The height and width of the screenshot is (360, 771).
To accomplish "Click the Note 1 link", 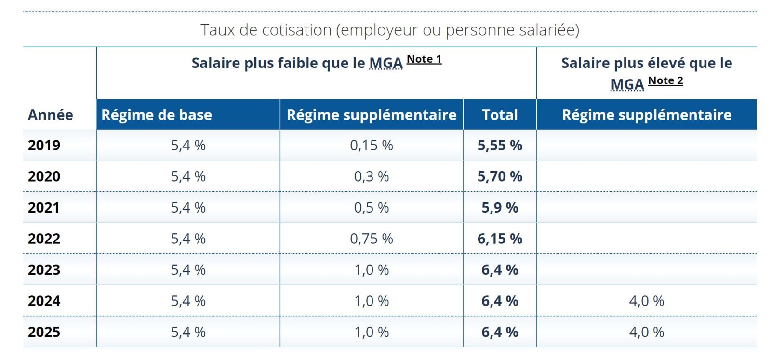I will [x=424, y=59].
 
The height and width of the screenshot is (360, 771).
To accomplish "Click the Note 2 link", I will [x=665, y=80].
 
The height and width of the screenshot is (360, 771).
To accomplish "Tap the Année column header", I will [x=51, y=115].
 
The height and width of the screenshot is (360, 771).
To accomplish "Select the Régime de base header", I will [x=157, y=115].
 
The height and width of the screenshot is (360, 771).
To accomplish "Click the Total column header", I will [x=500, y=115].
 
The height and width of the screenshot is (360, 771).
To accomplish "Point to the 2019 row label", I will [x=44, y=145].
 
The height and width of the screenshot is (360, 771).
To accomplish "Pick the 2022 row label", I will [x=44, y=239].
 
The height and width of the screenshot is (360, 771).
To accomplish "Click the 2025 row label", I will [x=44, y=332].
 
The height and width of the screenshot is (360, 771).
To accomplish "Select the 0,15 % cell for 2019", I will [x=371, y=145].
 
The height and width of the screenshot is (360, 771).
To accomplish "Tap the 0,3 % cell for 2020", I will [x=371, y=176].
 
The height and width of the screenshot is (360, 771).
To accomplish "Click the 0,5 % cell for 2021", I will [x=371, y=208].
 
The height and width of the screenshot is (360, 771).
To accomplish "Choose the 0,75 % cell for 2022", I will [x=371, y=239].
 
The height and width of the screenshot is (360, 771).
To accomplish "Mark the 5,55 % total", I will [x=500, y=145].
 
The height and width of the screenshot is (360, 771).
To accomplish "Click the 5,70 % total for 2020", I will [x=500, y=176].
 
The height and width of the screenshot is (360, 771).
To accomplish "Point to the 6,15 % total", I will [x=500, y=239].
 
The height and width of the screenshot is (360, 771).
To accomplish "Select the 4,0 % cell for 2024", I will [x=646, y=301].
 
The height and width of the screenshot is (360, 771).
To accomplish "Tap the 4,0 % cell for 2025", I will [x=646, y=332].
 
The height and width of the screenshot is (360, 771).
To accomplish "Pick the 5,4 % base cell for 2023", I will [x=188, y=270].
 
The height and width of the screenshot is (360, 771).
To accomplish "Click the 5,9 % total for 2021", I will [x=500, y=208].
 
